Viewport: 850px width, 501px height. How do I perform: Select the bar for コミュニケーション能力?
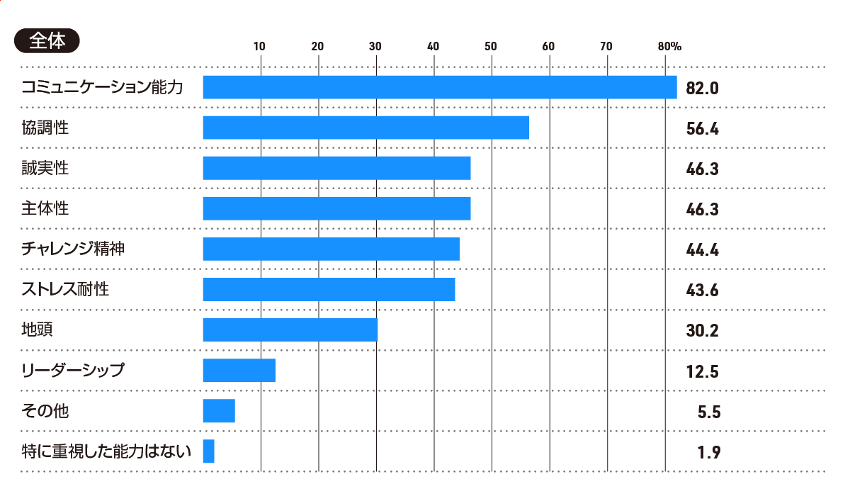coord(439,87)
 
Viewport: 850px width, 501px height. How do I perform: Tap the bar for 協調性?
coord(365,128)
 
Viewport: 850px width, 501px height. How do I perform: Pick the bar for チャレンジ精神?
coord(331,249)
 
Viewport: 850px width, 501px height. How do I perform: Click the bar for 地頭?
coord(290,330)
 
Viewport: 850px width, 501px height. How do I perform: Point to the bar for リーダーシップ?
coord(239,371)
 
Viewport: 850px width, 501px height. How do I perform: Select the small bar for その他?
coord(218,411)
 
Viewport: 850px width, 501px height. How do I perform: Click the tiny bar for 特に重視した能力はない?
coord(208,451)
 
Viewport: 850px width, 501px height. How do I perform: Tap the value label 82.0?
coord(703,89)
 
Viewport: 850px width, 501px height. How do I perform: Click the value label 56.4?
coord(703,129)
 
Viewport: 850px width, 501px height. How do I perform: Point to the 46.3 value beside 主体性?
coord(703,210)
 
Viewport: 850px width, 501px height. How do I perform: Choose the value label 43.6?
coord(703,291)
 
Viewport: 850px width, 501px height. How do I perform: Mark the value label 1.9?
coord(709,452)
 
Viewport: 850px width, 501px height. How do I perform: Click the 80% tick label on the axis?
coord(669,47)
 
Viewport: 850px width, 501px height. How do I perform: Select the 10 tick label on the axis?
coord(260,47)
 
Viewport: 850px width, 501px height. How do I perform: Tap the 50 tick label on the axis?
coord(490,47)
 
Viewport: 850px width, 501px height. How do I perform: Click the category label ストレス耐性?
coord(65,289)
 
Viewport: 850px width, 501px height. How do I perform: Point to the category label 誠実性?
coord(45,168)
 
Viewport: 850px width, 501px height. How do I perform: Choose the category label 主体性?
coord(45,208)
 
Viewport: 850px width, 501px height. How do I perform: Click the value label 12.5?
coord(703,371)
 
